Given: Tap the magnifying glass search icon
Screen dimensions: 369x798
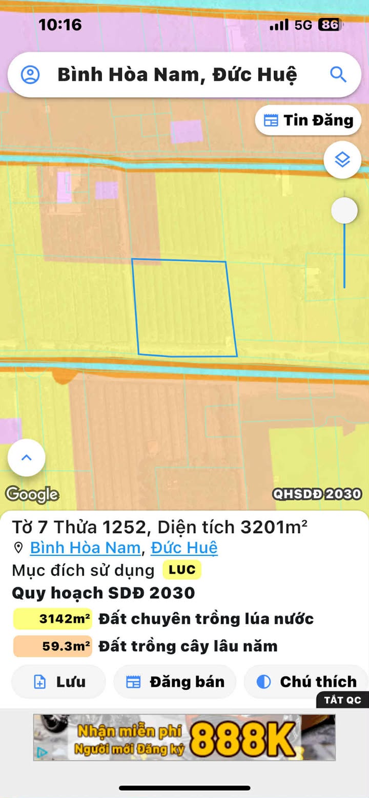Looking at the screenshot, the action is point(338,75).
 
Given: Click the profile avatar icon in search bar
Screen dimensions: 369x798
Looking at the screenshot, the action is point(30,75).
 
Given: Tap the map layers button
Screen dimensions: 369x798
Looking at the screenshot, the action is point(342,160).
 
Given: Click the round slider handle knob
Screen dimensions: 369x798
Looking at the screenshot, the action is point(344,211).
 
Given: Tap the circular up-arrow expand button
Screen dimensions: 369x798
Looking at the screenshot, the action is point(27,457).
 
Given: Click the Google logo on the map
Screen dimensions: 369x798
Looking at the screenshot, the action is point(32,494).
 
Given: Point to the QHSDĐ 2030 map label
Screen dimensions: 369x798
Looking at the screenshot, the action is point(317,494).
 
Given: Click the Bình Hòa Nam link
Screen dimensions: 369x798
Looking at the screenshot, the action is point(85,548).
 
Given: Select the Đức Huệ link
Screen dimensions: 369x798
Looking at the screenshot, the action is point(184,548).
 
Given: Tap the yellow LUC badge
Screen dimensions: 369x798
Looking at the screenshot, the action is point(182,570).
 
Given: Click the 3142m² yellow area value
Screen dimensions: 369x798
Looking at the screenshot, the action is point(53,619).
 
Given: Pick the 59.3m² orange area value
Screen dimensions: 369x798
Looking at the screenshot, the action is point(53,646).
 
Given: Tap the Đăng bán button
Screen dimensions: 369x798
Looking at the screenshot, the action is point(175,682).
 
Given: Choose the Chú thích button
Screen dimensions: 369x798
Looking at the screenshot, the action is point(306,682).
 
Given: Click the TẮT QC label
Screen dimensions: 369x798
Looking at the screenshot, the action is point(342,700).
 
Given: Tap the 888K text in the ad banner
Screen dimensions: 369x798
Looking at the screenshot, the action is point(245,738).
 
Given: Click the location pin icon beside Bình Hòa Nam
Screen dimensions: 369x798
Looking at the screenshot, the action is point(18,548).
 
